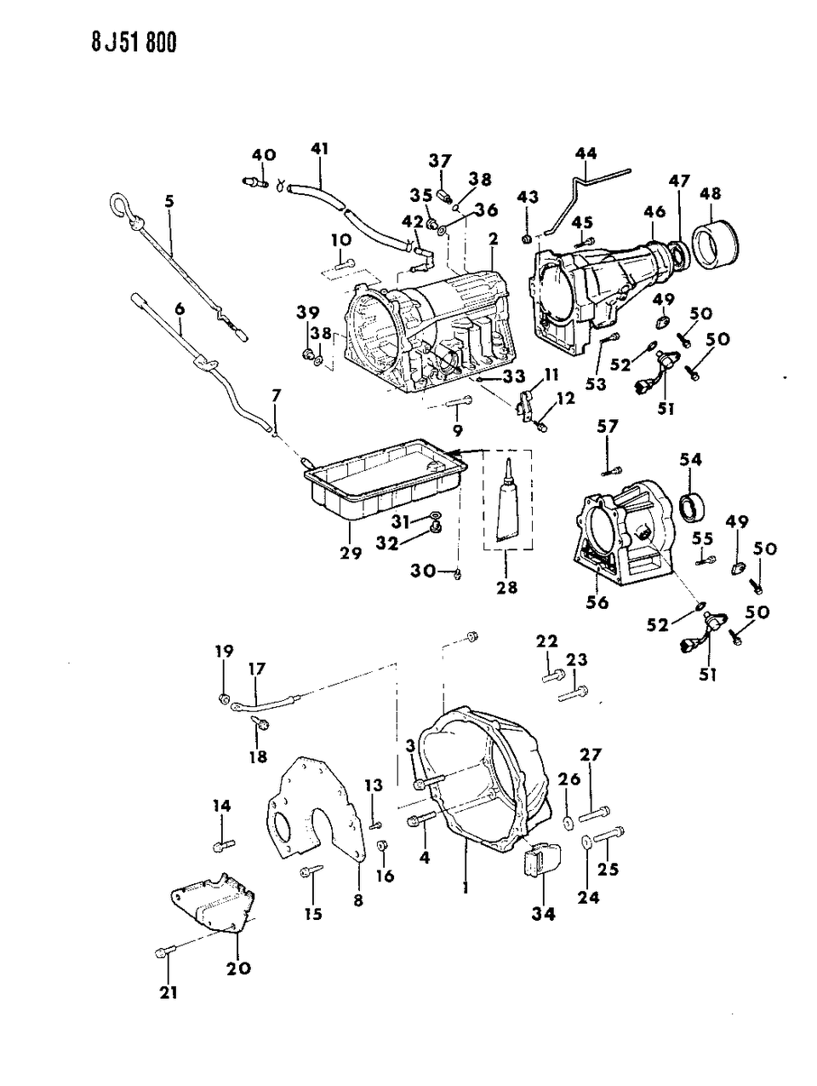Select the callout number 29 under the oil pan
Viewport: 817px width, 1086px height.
pos(351,554)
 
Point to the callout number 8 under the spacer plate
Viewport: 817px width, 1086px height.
pos(357,899)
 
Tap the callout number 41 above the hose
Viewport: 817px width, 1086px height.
pos(319,148)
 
